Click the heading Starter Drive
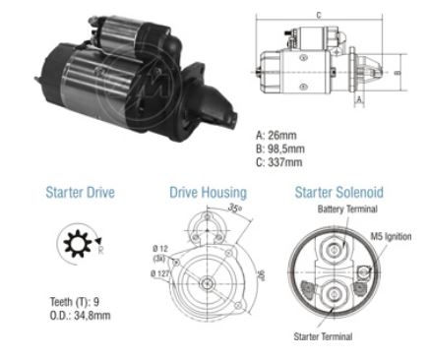point(80,194)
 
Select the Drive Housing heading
point(208,194)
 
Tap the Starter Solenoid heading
point(338,194)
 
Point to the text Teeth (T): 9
point(75,302)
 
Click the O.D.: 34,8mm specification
point(80,316)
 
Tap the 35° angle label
point(234,209)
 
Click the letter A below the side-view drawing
point(359,99)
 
